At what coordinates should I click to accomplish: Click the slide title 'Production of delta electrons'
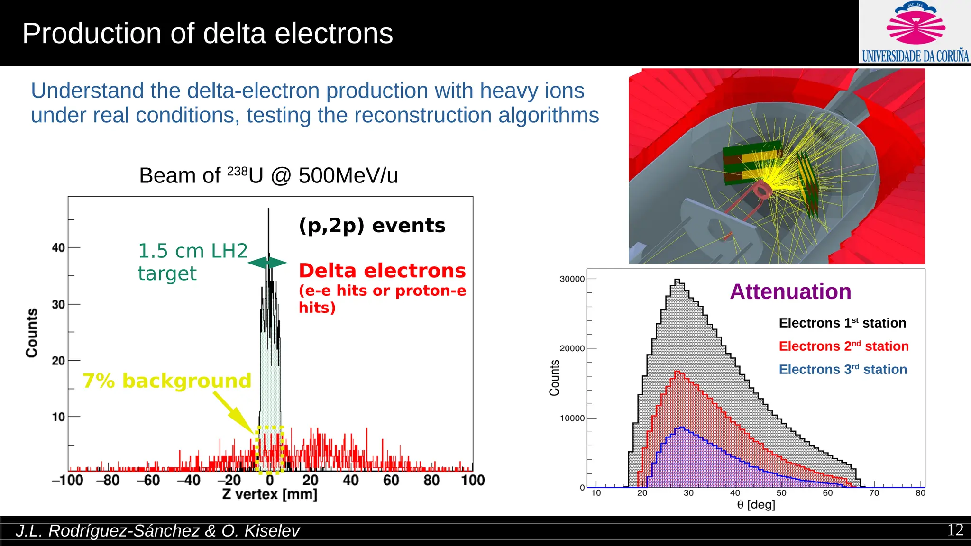(x=208, y=34)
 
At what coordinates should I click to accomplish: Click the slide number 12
(x=955, y=530)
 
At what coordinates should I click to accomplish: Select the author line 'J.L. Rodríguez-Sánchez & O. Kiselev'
(x=157, y=531)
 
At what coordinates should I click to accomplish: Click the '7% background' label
(x=167, y=381)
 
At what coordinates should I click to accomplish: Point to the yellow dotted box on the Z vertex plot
(x=269, y=449)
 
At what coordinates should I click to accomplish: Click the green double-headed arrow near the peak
(x=267, y=263)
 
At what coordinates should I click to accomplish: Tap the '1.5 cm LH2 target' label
(x=192, y=262)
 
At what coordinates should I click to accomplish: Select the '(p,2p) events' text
(x=372, y=226)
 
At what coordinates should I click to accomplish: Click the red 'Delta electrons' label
(x=382, y=271)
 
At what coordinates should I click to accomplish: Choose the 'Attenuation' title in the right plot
(x=790, y=291)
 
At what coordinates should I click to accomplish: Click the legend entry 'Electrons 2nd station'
(x=843, y=346)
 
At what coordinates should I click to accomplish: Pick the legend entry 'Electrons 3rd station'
(x=843, y=369)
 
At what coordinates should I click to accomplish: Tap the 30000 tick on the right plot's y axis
(x=572, y=279)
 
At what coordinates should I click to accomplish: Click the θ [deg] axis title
(x=756, y=505)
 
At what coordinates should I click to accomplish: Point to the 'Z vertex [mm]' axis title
(x=269, y=494)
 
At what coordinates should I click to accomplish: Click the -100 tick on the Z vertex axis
(x=68, y=480)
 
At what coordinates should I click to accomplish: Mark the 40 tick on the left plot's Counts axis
(x=58, y=247)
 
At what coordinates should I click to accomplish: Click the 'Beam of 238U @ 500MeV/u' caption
(x=268, y=176)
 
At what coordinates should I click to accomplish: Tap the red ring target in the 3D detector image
(x=763, y=190)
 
